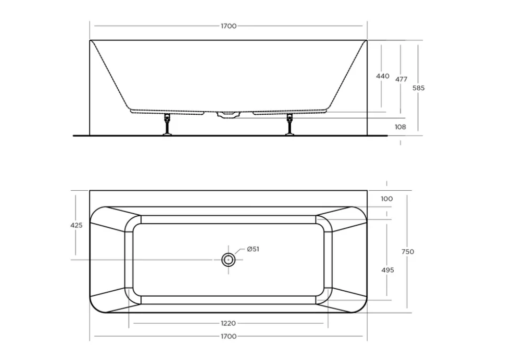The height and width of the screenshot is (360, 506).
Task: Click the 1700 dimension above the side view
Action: point(229,26)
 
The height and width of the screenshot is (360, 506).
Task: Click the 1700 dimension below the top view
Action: point(229,337)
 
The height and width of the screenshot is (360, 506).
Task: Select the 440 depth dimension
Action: point(383,76)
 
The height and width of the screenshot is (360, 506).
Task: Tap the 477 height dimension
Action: point(401,80)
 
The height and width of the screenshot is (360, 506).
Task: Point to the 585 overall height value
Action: point(419,88)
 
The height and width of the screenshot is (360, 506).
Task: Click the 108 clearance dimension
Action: point(400,127)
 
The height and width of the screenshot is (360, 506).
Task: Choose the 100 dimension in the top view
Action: point(387,199)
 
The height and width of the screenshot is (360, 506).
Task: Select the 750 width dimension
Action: point(408,252)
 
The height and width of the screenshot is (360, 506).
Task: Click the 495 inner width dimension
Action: point(388,270)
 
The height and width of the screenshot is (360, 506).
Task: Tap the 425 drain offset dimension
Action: point(77,225)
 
